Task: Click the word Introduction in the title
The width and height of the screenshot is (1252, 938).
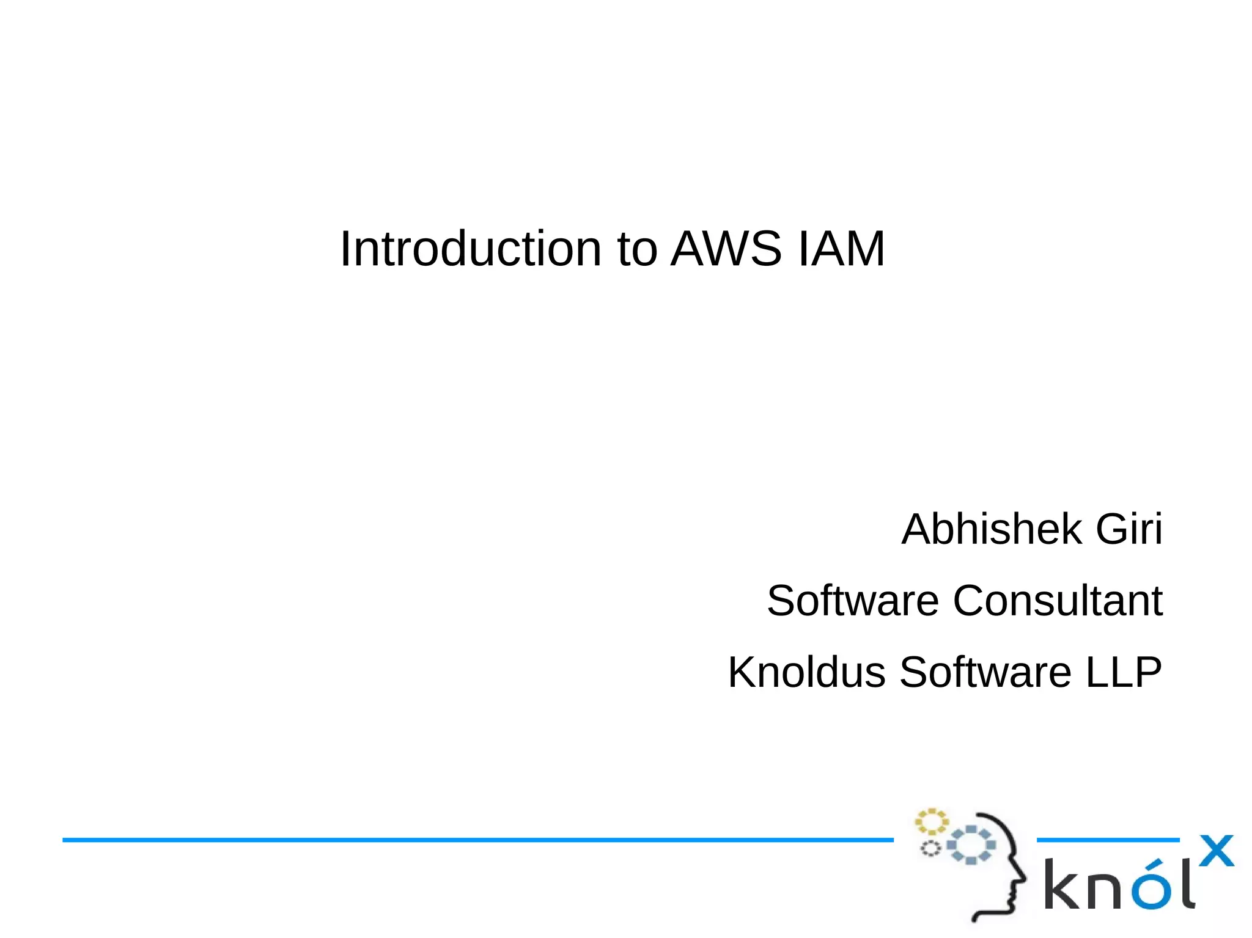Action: click(x=471, y=249)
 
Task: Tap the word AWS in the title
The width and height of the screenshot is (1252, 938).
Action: click(x=726, y=249)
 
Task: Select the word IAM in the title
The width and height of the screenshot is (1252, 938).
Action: click(x=841, y=249)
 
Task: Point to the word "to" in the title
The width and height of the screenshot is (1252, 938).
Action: click(x=637, y=250)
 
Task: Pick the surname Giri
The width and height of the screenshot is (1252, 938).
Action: click(x=1129, y=529)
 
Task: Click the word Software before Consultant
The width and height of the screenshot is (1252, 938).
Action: click(x=852, y=601)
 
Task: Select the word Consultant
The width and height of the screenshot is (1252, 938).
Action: click(x=1058, y=601)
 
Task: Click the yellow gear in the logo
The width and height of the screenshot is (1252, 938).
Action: click(x=931, y=822)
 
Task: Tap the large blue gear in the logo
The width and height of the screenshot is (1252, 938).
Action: click(x=971, y=845)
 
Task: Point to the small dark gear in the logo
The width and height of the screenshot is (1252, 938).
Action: click(x=930, y=848)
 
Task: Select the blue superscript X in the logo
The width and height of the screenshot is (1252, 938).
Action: click(x=1216, y=851)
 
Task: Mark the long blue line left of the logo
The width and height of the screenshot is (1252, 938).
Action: click(x=477, y=840)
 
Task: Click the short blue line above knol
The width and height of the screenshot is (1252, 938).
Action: click(x=1108, y=840)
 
